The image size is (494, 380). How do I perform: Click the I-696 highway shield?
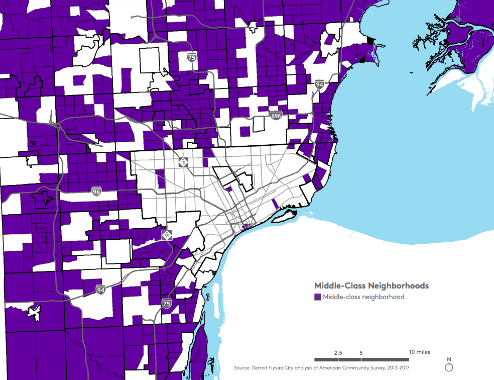coord(276,116)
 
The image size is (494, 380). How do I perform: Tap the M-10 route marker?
coord(183,162)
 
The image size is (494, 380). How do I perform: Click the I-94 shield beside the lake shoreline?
coord(319,85)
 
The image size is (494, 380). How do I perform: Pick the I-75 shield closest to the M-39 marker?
coord(167,304)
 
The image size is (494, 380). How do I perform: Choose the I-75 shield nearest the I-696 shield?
coord(191,57)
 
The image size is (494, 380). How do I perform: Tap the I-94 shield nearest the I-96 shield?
coord(101,290)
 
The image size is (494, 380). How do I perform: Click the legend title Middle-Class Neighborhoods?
coord(371,286)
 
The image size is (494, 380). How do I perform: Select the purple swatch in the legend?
coord(318,297)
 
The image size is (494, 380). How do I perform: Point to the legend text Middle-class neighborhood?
coord(363,297)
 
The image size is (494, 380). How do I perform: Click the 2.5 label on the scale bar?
coord(338,352)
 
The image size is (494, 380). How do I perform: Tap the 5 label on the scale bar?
coord(361,352)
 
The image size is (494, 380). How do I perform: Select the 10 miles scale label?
coord(419,352)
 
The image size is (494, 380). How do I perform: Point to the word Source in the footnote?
coord(243,368)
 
